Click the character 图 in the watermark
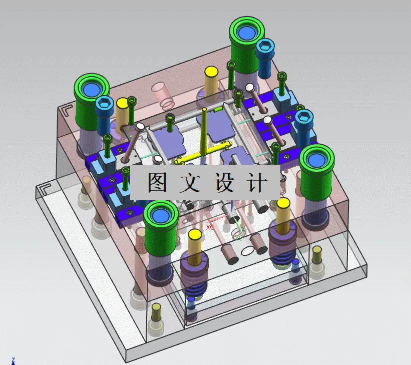(156, 183)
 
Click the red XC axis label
(210, 227)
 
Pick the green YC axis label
(239, 238)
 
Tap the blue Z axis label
(14, 359)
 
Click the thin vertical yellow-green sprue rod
(204, 130)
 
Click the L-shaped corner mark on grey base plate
(43, 190)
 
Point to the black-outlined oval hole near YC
(249, 249)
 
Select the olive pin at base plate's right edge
(316, 256)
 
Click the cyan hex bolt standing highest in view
(265, 50)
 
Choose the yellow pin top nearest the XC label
(195, 235)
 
